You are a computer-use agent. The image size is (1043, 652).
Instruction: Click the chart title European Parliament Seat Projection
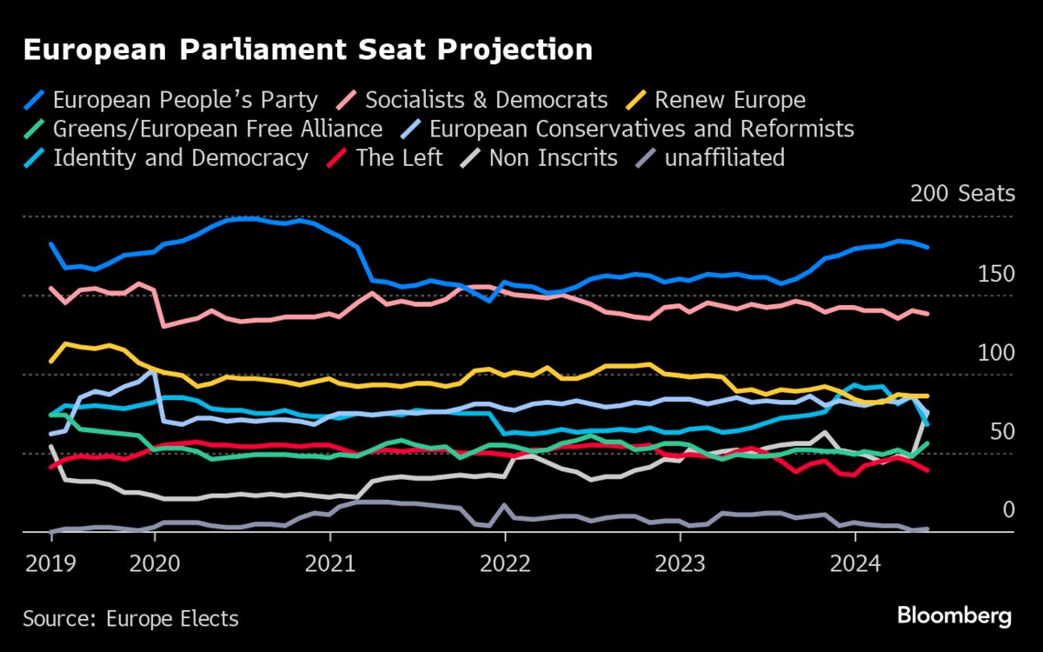click(308, 50)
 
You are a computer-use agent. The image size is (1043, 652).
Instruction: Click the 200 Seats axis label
click(962, 193)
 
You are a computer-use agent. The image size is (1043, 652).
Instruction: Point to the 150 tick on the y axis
click(996, 275)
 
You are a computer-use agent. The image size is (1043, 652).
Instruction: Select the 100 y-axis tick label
click(996, 353)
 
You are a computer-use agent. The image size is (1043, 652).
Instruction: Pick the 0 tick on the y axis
click(1008, 509)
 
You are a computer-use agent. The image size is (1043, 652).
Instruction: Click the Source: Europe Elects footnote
click(130, 619)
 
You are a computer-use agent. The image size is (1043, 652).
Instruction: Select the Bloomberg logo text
click(954, 616)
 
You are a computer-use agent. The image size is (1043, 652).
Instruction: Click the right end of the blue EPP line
click(928, 248)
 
